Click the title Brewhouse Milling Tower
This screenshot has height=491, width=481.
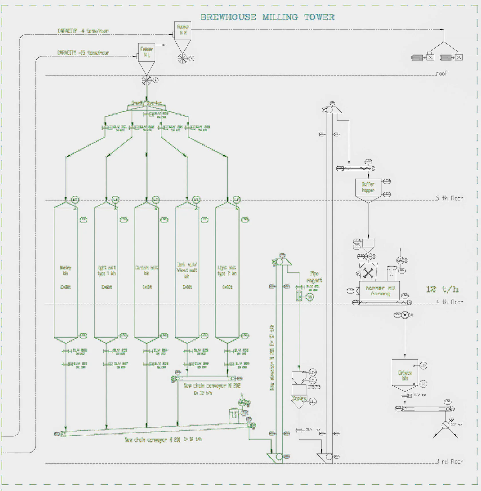click(x=267, y=17)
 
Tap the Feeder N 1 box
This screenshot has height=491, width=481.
click(x=147, y=52)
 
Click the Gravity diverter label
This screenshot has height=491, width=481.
click(x=146, y=103)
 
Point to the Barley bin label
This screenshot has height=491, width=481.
click(x=66, y=270)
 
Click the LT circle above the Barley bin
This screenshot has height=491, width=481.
click(x=75, y=200)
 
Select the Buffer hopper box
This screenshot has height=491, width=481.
click(x=368, y=187)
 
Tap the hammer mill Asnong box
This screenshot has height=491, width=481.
click(x=380, y=291)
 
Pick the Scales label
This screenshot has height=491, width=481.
click(x=299, y=398)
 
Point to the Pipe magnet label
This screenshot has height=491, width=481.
click(x=314, y=277)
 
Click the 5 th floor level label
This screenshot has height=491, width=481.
click(x=449, y=198)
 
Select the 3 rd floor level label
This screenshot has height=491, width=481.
click(x=449, y=461)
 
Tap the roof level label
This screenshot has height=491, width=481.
click(x=441, y=73)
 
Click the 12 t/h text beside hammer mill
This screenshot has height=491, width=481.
click(x=442, y=289)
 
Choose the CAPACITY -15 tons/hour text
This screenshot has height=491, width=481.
click(x=83, y=53)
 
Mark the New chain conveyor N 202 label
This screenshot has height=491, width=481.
click(x=212, y=386)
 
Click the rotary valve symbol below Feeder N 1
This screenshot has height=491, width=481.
click(x=147, y=80)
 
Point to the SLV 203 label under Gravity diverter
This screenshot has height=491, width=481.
click(x=161, y=114)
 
